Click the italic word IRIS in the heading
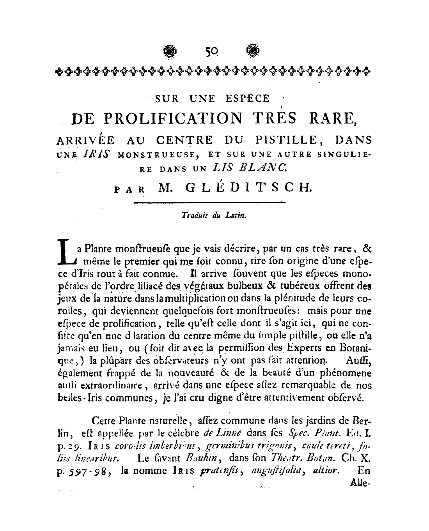tap(96, 155)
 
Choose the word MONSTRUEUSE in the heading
tap(159, 155)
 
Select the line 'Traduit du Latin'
tap(214, 215)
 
